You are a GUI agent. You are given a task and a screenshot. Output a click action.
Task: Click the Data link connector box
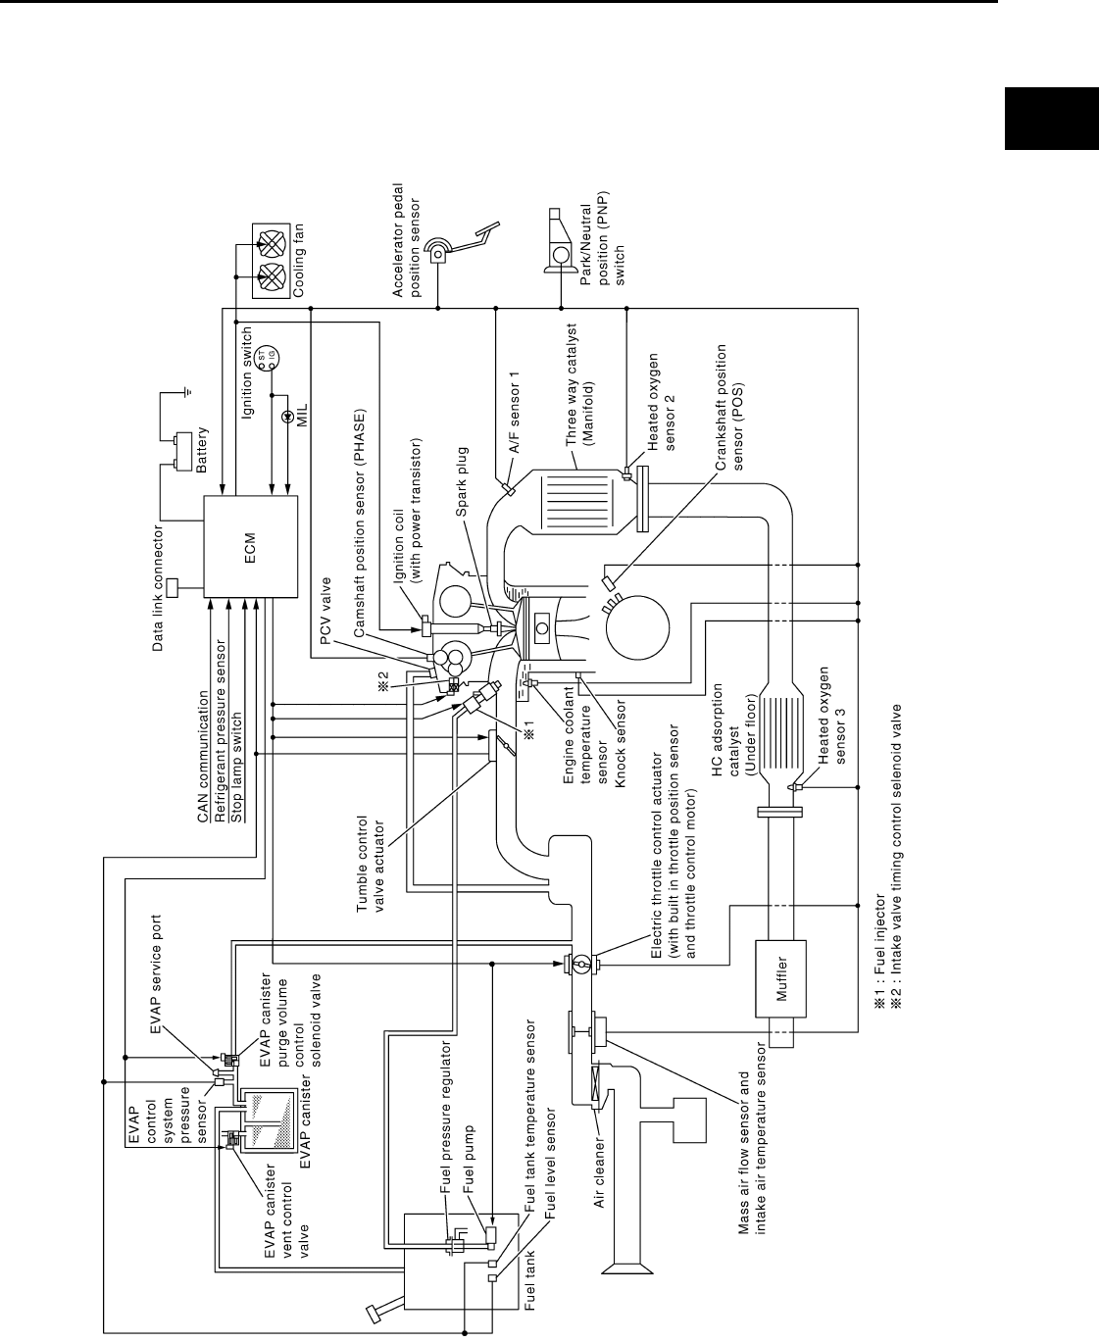(174, 588)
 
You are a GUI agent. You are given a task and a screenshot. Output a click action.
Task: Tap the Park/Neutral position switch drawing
(560, 246)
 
